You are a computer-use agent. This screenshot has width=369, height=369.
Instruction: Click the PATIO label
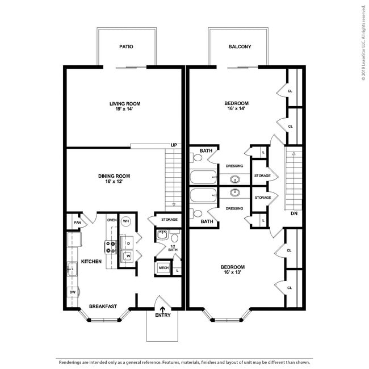point(126,47)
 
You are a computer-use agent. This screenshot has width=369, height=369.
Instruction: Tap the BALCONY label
point(240,47)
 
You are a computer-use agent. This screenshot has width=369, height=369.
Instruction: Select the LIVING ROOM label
point(125,103)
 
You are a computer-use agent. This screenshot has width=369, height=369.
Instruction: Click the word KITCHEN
point(91,262)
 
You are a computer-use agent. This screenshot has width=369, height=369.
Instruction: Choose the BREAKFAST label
point(103,307)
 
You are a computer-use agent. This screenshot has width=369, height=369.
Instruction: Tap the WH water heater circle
point(126,221)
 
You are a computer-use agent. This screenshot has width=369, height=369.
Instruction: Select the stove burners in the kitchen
point(111,246)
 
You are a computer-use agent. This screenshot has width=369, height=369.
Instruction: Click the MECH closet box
point(163,268)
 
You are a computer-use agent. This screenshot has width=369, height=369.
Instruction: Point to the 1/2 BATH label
point(174,248)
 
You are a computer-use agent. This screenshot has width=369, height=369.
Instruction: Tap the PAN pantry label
point(77,223)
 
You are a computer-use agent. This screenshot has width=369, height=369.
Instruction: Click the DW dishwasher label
point(73,292)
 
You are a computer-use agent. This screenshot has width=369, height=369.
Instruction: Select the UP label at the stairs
point(174,145)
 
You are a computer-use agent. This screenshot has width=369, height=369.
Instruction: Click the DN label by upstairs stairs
point(293,214)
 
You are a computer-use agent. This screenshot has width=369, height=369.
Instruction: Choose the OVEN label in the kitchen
point(112,220)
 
